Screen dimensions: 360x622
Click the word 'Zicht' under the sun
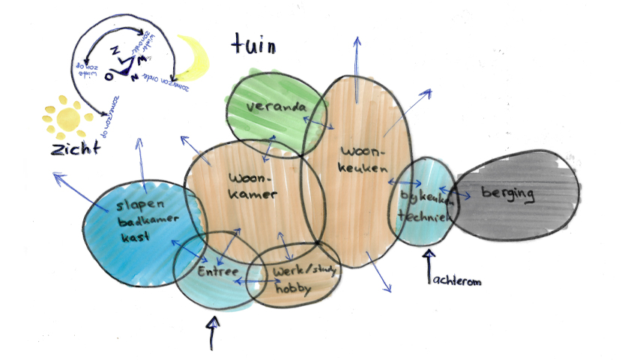tap(74, 148)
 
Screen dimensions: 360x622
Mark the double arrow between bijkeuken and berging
tap(454, 193)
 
